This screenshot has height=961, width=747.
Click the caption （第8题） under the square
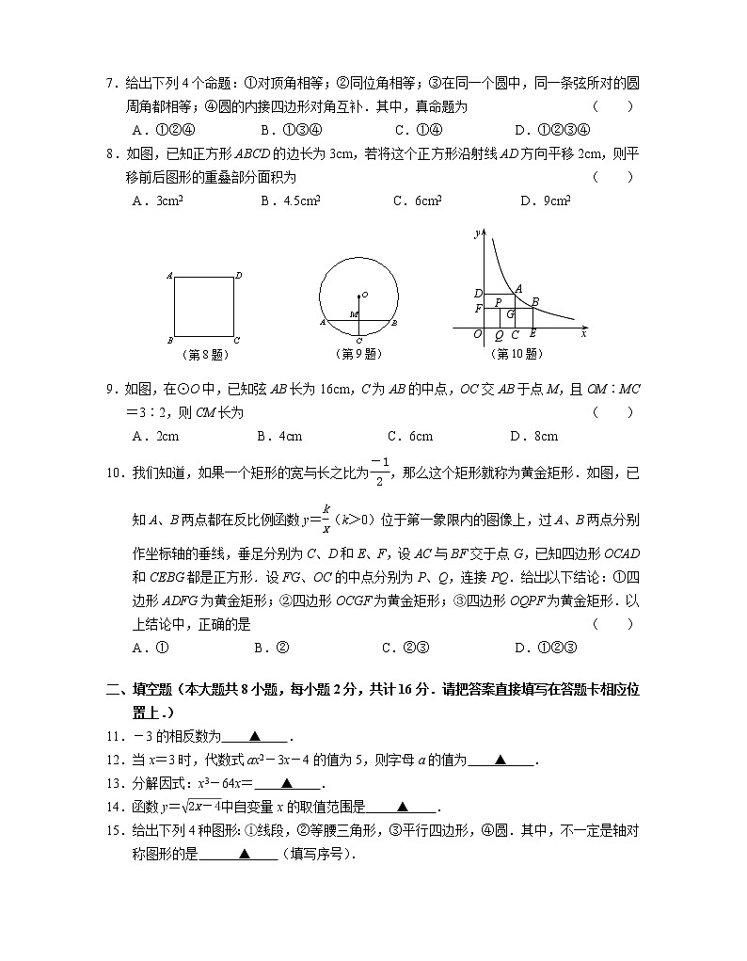[x=204, y=355]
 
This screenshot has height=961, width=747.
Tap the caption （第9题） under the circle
[x=358, y=355]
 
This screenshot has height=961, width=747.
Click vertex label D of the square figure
[x=239, y=275]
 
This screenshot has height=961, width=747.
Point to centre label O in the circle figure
[x=365, y=295]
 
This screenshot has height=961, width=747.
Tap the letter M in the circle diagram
[x=352, y=314]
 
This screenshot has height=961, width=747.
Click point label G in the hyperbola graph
[x=510, y=313]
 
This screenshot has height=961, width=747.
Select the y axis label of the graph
[x=478, y=232]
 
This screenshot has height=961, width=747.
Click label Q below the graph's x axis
[x=499, y=335]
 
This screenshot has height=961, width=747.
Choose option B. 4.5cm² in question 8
[x=291, y=200]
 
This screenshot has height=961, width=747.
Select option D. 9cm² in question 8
[x=545, y=200]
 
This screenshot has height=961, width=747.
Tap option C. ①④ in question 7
[x=418, y=130]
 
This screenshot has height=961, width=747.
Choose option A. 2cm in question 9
[x=156, y=436]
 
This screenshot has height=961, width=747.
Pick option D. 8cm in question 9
[x=533, y=436]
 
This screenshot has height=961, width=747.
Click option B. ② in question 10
[x=271, y=647]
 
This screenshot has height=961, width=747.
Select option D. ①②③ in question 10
[x=545, y=647]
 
